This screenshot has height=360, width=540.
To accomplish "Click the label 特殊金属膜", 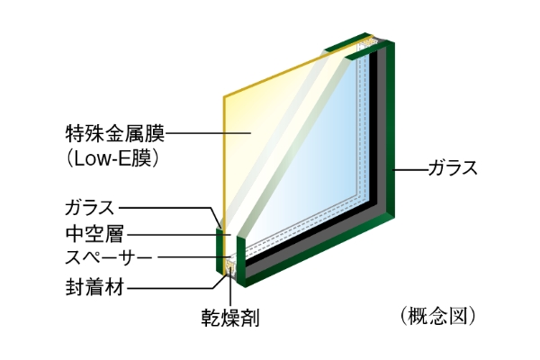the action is tap(115, 134).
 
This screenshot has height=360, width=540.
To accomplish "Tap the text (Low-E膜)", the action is tap(112, 158).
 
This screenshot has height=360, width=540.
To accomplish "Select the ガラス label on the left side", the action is tap(89, 208).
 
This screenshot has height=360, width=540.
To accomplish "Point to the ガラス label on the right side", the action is tap(453, 168).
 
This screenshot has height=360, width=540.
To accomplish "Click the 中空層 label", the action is tap(94, 234).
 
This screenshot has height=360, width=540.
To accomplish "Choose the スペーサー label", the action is tap(109, 257).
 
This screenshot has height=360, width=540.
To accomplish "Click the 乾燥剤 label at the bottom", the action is tap(230, 318).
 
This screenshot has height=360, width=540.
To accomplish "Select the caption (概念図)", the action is tap(438, 316).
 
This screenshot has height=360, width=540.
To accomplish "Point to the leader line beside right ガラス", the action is tap(411, 169).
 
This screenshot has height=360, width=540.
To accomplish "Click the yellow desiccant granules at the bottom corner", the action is tap(229, 267).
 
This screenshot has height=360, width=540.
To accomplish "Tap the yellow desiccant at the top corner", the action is tap(366, 43).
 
